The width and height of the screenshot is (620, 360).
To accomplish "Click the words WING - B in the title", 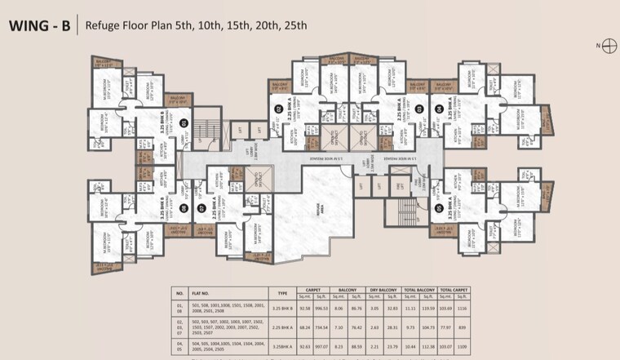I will coord(38,25).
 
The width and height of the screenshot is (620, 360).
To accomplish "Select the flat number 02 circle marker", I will coord(277,108).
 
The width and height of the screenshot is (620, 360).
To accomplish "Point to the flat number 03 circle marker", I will coord(418,108).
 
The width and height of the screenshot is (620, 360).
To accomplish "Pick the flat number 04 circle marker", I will coord(439,108).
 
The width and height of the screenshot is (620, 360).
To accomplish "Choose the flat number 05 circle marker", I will coord(439,208).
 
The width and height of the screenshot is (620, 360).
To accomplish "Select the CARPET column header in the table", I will coord(311,289).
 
